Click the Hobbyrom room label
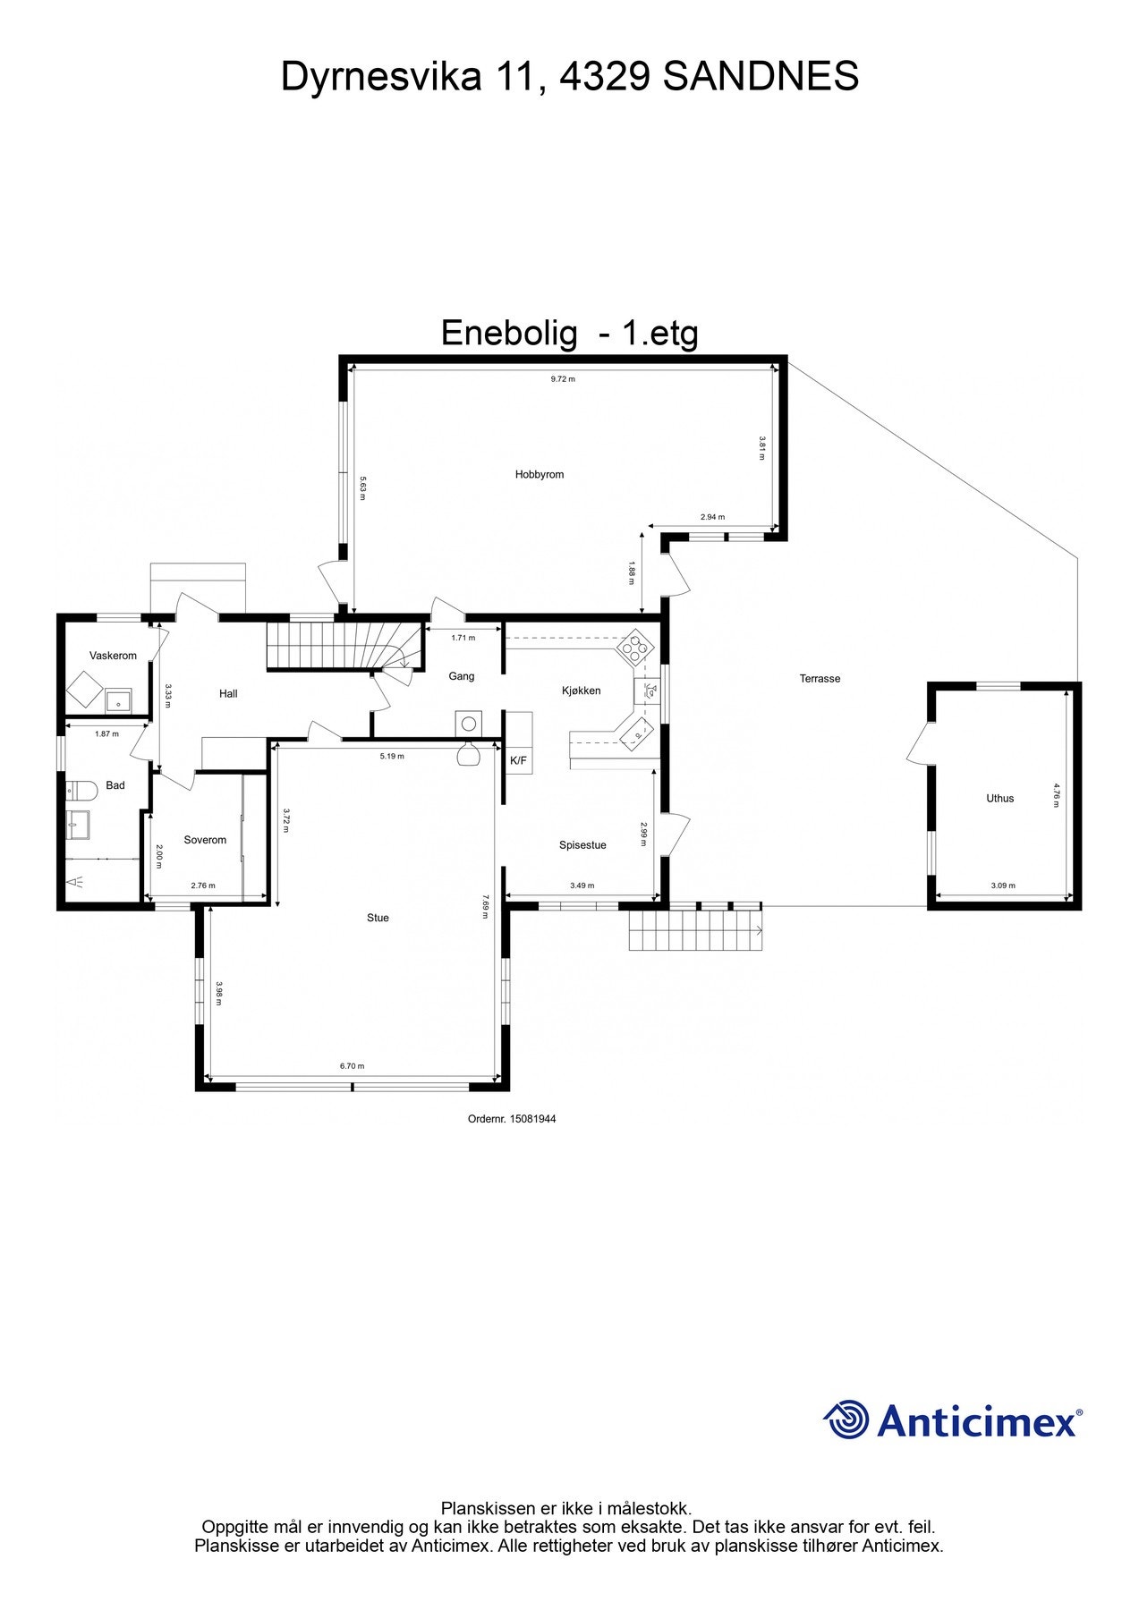pyautogui.click(x=540, y=475)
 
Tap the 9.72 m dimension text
pyautogui.click(x=563, y=379)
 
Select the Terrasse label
pyautogui.click(x=820, y=679)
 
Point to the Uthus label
pyautogui.click(x=1000, y=799)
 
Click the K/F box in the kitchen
pyautogui.click(x=518, y=761)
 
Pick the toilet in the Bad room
pyautogui.click(x=81, y=791)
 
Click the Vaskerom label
pyautogui.click(x=113, y=656)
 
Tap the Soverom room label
pyautogui.click(x=205, y=840)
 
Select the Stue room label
pyautogui.click(x=378, y=918)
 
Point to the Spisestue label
pyautogui.click(x=582, y=845)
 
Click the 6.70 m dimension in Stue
pyautogui.click(x=352, y=1066)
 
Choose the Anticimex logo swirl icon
pyautogui.click(x=846, y=1419)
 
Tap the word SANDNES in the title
pyautogui.click(x=761, y=77)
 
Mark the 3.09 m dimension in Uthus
pyautogui.click(x=1003, y=885)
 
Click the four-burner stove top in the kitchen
pyautogui.click(x=636, y=647)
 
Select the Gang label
pyautogui.click(x=462, y=676)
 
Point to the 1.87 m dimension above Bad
pyautogui.click(x=106, y=733)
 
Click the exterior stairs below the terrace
pyautogui.click(x=696, y=931)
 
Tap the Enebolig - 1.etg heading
pyautogui.click(x=570, y=333)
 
